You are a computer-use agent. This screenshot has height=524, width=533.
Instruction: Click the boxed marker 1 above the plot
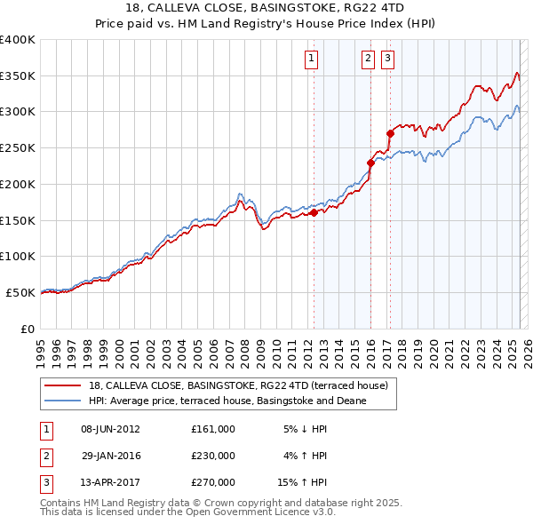pos(313,60)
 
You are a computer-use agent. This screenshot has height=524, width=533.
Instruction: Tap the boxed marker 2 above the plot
pos(368,60)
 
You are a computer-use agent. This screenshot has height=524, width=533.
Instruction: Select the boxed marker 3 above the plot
pos(388,60)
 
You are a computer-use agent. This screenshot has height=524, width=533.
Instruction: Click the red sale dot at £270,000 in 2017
pos(390,133)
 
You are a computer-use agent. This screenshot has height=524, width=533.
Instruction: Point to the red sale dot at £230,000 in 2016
pos(370,163)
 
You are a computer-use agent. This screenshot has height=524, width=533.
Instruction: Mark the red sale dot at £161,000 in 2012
pos(314,212)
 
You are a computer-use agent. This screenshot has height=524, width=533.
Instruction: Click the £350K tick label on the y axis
pos(18,76)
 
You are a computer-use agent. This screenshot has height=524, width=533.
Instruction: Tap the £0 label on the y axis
pos(29,329)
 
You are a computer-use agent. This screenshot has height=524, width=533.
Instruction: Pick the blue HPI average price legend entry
pos(227,401)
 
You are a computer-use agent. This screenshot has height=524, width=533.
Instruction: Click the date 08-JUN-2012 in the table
pos(110,429)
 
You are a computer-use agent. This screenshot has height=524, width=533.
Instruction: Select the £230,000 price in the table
pos(212,456)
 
